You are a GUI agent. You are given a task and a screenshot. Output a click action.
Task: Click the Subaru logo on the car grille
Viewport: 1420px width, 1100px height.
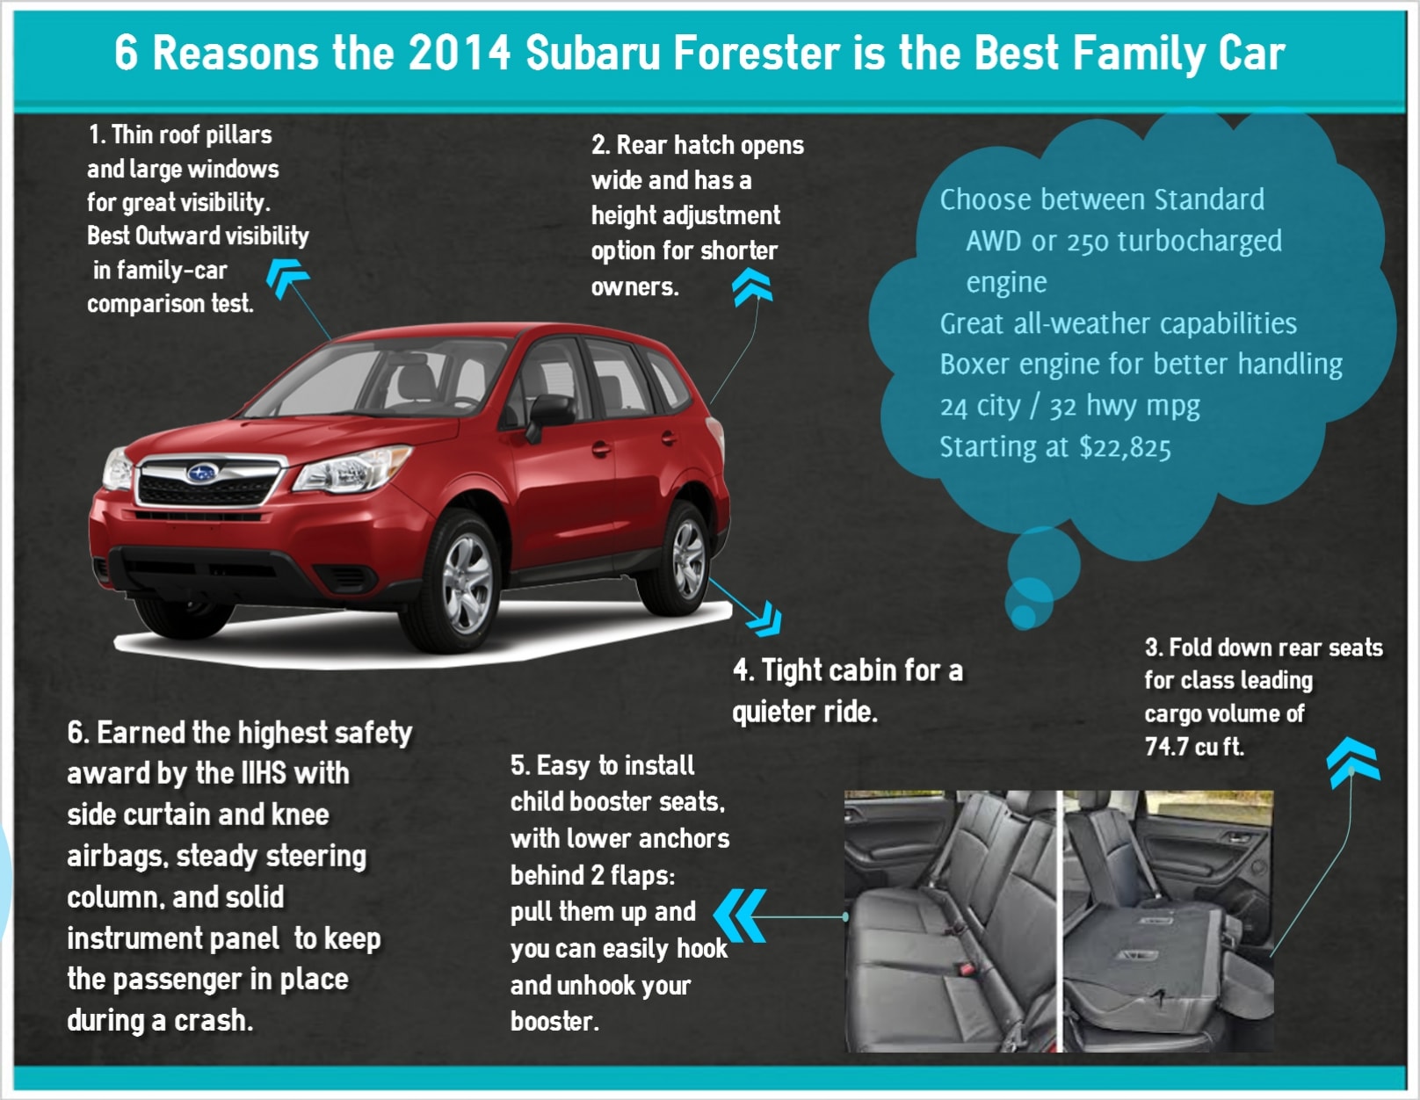tap(201, 472)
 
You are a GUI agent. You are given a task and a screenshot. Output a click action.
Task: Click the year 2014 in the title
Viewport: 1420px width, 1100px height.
tap(459, 53)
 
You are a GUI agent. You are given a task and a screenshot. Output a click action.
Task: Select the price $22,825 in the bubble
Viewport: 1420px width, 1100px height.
tap(1125, 448)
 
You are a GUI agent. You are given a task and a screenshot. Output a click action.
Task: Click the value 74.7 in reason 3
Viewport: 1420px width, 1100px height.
tap(1166, 746)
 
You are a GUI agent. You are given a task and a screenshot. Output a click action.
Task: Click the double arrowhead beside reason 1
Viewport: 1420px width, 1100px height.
tap(286, 278)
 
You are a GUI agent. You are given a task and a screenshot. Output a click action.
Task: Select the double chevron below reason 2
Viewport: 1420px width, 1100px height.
tap(752, 288)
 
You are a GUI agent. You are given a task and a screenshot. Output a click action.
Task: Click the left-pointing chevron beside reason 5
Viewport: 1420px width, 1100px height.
tap(740, 915)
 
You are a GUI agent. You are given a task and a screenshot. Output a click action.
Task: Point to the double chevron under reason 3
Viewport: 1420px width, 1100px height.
tap(1352, 762)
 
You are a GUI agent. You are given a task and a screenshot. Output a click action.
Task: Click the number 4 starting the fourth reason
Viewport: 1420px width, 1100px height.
tap(741, 671)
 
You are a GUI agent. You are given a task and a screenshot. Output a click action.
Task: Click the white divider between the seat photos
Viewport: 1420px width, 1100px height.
tap(1059, 921)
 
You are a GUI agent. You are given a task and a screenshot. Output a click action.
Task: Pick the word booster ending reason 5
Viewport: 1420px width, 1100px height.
tap(554, 1022)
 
